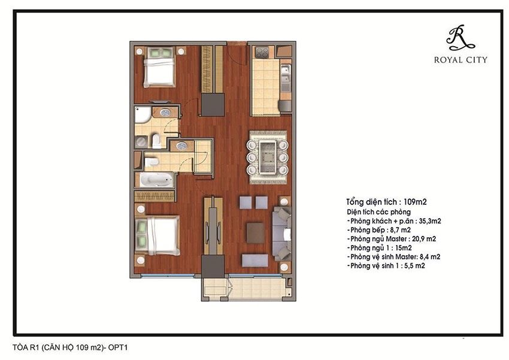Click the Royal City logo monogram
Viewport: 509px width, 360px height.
tap(460, 38)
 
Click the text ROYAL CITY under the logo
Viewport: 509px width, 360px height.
tap(460, 59)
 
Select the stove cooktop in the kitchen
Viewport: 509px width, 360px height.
tap(262, 52)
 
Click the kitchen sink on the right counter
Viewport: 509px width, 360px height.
tap(285, 74)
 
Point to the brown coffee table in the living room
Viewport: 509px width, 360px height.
tap(255, 232)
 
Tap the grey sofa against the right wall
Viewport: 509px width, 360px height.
tap(281, 233)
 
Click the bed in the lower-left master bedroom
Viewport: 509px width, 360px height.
tap(158, 235)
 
